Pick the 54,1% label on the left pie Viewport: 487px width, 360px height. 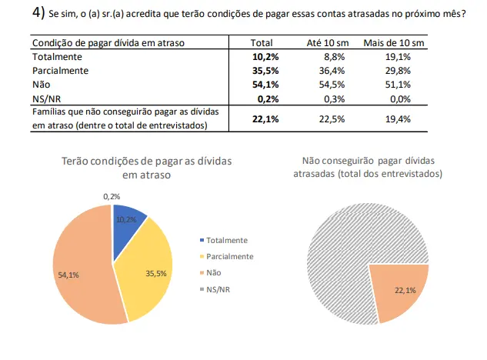pos(68,275)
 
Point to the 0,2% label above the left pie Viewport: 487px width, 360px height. pos(112,197)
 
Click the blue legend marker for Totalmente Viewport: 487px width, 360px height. pos(202,241)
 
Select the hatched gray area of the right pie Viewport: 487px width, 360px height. pos(346,246)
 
